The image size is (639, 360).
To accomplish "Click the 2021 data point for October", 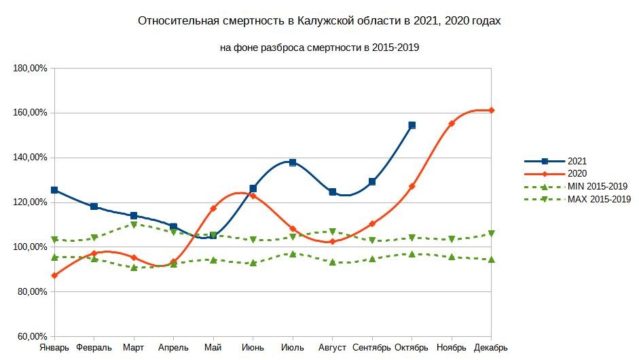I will click(x=412, y=126).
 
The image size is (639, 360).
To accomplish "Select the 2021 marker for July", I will click(x=293, y=162).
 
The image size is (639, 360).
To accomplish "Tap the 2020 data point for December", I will click(x=491, y=110).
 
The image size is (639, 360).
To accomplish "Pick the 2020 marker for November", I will click(x=452, y=124).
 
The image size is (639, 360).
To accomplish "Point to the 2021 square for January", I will click(x=54, y=190).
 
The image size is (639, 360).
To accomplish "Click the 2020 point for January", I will click(x=54, y=275).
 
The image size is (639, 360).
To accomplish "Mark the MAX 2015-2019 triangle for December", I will click(x=491, y=234).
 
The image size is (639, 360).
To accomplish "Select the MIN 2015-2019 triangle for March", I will click(x=134, y=268).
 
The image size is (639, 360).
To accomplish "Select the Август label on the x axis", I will click(x=333, y=348).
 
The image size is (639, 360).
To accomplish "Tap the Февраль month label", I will click(x=94, y=348).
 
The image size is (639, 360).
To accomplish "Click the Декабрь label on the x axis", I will click(x=490, y=348).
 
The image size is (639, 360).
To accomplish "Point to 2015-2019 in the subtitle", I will click(x=401, y=48).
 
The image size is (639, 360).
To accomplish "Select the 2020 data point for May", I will click(x=213, y=209).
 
